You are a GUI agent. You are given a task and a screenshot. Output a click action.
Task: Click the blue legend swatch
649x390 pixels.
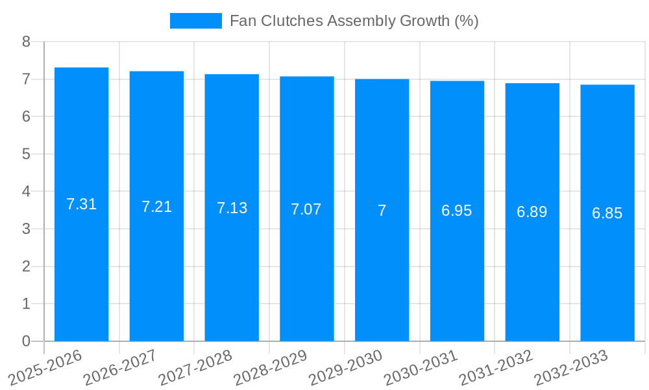[x=195, y=21]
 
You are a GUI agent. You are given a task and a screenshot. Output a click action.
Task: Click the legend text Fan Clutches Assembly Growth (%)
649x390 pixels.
[x=354, y=21]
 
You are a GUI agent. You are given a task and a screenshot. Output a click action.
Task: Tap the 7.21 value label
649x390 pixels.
[x=156, y=207]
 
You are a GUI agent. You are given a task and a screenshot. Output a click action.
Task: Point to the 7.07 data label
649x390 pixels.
[x=306, y=209]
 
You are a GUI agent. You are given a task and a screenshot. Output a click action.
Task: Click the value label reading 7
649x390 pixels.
[x=382, y=211]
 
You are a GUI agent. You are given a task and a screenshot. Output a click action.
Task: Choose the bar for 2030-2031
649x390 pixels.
[x=457, y=273]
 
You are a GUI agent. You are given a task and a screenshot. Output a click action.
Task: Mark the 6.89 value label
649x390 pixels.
[x=532, y=212]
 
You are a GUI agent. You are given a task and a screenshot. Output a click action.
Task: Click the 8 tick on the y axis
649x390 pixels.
[x=26, y=42]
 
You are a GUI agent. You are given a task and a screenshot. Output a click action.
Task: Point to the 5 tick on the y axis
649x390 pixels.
[x=26, y=154]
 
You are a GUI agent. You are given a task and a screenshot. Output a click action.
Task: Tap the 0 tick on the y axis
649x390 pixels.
[x=26, y=341]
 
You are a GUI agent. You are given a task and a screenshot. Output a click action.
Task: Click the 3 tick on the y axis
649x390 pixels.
[x=26, y=229]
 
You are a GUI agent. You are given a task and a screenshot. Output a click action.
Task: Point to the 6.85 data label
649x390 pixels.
[x=607, y=213]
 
